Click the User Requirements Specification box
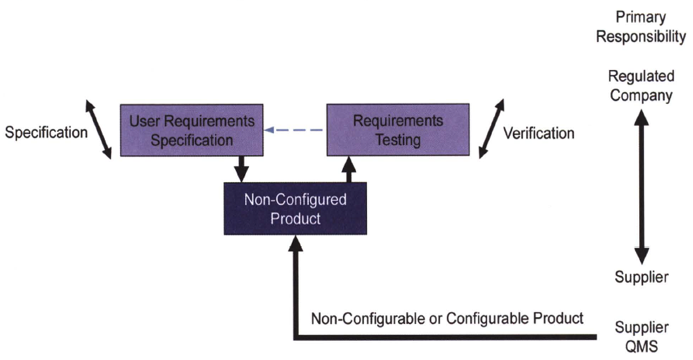point(192,130)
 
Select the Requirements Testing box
point(398,130)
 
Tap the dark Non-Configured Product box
point(295,208)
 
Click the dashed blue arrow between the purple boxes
point(294,130)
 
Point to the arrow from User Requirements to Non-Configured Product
point(241,169)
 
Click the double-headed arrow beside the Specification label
point(98,130)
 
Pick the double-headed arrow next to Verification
point(491,129)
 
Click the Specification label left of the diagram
point(46,132)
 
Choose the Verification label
point(539,133)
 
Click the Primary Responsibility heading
point(641,27)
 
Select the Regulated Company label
point(641,85)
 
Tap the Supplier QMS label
point(642,337)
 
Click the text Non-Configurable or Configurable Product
point(447,318)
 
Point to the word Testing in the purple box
point(398,140)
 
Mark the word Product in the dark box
point(295,219)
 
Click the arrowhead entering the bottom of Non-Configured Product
point(295,244)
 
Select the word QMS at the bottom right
point(642,346)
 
